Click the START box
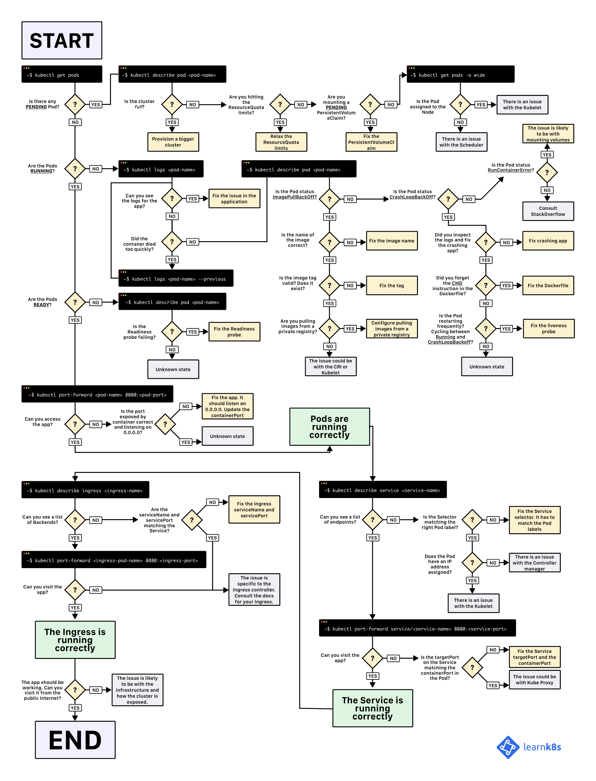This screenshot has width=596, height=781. click(x=62, y=40)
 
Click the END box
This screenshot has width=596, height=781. click(x=75, y=740)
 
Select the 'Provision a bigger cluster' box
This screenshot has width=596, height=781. click(x=173, y=142)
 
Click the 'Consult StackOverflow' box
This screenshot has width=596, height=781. click(x=548, y=211)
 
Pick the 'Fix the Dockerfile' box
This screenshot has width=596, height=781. click(x=548, y=285)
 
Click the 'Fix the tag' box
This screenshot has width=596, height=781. click(x=392, y=285)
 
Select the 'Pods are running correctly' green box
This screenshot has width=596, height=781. click(x=330, y=427)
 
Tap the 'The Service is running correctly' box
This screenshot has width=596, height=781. click(x=373, y=708)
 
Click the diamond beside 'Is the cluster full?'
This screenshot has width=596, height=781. click(x=172, y=104)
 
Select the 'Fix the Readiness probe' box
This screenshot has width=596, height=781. click(x=234, y=331)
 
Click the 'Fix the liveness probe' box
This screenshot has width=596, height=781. click(x=548, y=328)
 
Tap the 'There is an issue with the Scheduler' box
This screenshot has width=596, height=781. click(x=461, y=142)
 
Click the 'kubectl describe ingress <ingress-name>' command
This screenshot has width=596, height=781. click(x=85, y=490)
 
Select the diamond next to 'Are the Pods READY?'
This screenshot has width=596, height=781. click(x=75, y=302)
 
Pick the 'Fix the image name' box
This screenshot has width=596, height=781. click(x=392, y=241)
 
